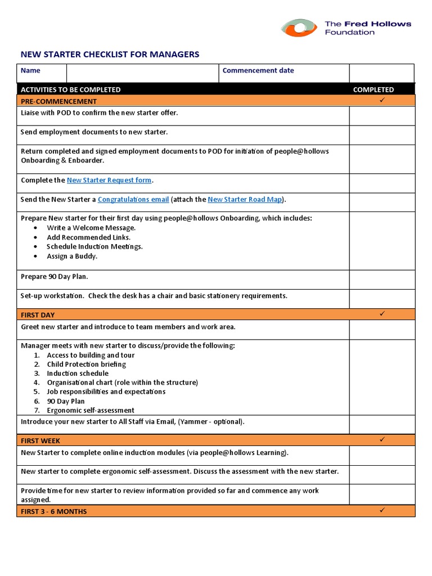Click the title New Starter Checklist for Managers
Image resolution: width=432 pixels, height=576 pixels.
(110, 55)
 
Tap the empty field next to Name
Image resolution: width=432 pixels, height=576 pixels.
(142, 73)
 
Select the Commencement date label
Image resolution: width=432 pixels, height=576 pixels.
(258, 71)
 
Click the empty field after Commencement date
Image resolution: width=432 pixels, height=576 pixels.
(381, 73)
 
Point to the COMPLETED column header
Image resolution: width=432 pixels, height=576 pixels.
(373, 89)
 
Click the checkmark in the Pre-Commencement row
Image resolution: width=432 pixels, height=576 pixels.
(381, 100)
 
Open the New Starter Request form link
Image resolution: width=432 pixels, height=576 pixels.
(109, 181)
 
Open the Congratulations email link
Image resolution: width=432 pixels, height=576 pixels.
(133, 200)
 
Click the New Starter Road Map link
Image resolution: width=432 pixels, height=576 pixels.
(245, 200)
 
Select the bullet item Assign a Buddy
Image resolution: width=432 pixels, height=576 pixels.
(72, 256)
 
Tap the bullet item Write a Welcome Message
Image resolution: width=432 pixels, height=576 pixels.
(91, 228)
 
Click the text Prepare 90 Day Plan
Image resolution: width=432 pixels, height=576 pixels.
(55, 277)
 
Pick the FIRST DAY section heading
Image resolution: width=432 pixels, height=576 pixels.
(38, 315)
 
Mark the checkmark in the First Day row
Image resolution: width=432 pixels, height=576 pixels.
(381, 314)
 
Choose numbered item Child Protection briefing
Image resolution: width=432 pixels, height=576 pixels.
(86, 364)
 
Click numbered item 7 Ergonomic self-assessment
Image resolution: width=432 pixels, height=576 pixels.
(91, 410)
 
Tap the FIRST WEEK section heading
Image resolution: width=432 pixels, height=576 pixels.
(40, 441)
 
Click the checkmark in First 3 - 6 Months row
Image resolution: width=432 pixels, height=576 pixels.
(381, 510)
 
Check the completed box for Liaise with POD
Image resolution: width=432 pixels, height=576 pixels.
(381, 116)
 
